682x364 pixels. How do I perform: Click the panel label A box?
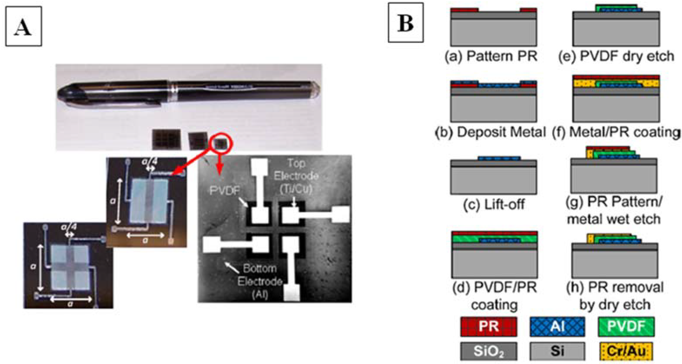(24, 26)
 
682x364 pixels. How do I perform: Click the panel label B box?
(405, 23)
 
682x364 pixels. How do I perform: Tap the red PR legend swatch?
(489, 327)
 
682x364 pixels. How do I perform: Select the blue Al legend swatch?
(557, 327)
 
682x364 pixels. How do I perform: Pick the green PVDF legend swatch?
(626, 327)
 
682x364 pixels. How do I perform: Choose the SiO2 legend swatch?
(489, 351)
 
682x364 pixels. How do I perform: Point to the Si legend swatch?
(557, 351)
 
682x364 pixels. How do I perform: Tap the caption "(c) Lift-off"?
(494, 204)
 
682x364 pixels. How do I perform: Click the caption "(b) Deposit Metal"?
(490, 132)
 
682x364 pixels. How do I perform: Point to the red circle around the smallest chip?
(222, 143)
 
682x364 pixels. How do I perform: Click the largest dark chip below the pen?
(167, 139)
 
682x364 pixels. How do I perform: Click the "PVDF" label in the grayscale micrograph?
(225, 190)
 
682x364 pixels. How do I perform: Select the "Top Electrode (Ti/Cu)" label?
(296, 176)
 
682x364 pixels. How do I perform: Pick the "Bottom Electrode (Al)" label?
(260, 281)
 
